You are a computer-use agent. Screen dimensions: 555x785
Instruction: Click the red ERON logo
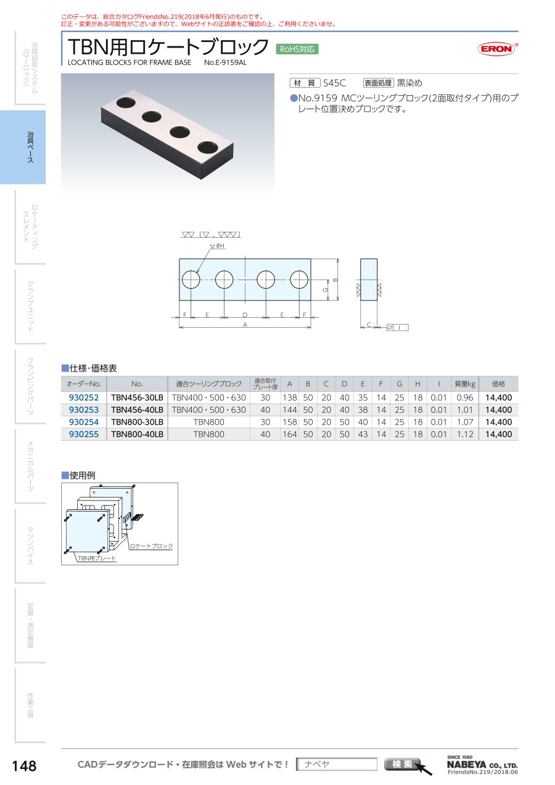497,49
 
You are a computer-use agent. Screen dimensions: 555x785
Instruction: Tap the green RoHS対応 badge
297,49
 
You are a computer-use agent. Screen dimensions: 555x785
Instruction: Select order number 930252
84,397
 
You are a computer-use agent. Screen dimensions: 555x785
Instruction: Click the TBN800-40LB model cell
137,434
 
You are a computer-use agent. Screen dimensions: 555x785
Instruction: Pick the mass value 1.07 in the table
465,422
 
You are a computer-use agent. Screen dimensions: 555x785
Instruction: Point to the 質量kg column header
465,384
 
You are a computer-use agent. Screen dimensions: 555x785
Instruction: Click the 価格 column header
498,384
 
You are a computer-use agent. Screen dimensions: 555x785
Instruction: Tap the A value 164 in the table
290,434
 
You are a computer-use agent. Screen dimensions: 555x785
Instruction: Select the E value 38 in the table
363,410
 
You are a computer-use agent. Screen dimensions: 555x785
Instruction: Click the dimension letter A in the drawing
245,325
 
